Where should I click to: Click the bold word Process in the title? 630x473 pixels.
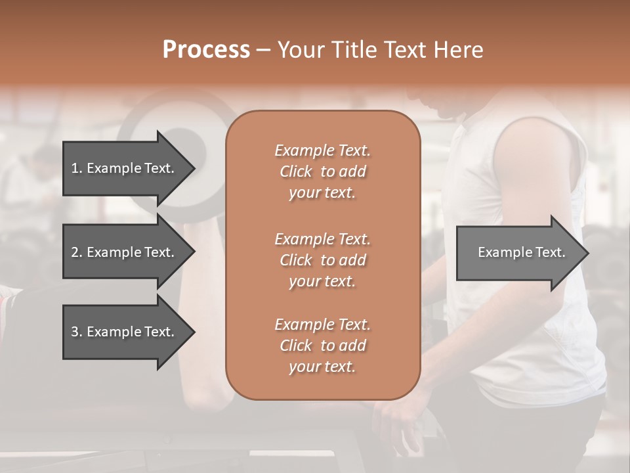click(206, 50)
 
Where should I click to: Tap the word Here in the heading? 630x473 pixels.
click(458, 50)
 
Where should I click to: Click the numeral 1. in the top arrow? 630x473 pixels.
click(76, 168)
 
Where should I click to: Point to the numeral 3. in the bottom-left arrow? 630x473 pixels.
click(76, 332)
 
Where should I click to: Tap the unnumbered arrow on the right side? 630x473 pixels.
click(518, 252)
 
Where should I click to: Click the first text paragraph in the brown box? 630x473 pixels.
click(322, 171)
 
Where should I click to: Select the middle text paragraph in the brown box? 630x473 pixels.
click(322, 259)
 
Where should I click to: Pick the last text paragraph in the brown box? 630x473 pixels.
click(322, 346)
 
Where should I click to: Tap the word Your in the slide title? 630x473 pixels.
click(299, 50)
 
